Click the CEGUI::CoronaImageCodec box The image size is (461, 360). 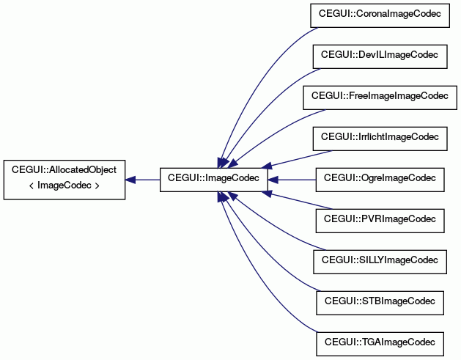coord(380,15)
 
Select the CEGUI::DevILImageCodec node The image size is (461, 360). coord(380,56)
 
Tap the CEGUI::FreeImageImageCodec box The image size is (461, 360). coord(380,98)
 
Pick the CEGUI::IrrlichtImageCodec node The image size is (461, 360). coord(380,139)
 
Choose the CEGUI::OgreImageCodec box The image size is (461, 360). coord(380,180)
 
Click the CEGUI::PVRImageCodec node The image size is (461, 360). coord(380,221)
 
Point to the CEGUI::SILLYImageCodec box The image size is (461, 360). coord(380,262)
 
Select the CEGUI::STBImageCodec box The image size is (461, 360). coord(380,303)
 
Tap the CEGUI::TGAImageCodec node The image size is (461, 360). coord(380,344)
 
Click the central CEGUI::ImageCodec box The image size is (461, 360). coord(214,180)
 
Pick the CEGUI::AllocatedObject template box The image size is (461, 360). coord(64,180)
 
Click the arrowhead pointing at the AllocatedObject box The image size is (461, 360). coord(130,180)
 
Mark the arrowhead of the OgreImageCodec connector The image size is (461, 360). coord(273,180)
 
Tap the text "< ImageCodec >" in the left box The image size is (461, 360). coord(64,186)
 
